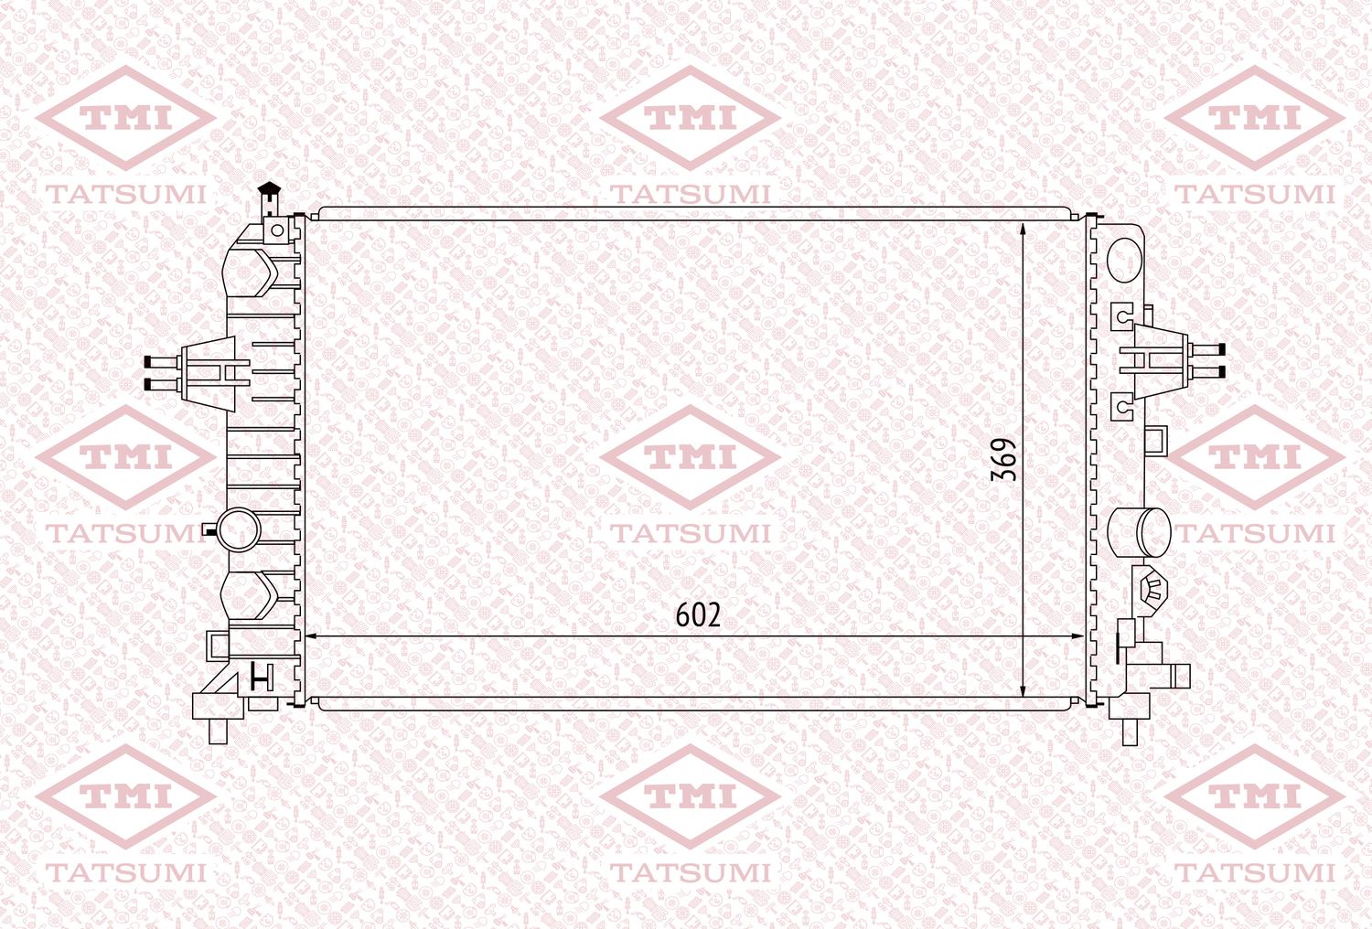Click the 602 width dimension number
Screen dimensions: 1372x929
pos(698,614)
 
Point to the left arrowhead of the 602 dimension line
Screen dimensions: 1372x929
pos(312,637)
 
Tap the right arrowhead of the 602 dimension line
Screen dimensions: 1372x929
pos(1077,637)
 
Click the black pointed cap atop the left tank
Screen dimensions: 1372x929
pos(270,187)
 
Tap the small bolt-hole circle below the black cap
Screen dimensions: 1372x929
pos(277,230)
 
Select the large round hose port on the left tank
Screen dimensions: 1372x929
pos(239,530)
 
